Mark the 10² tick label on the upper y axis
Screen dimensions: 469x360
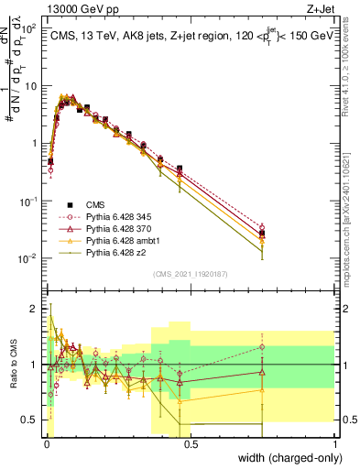(x=27, y=28)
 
